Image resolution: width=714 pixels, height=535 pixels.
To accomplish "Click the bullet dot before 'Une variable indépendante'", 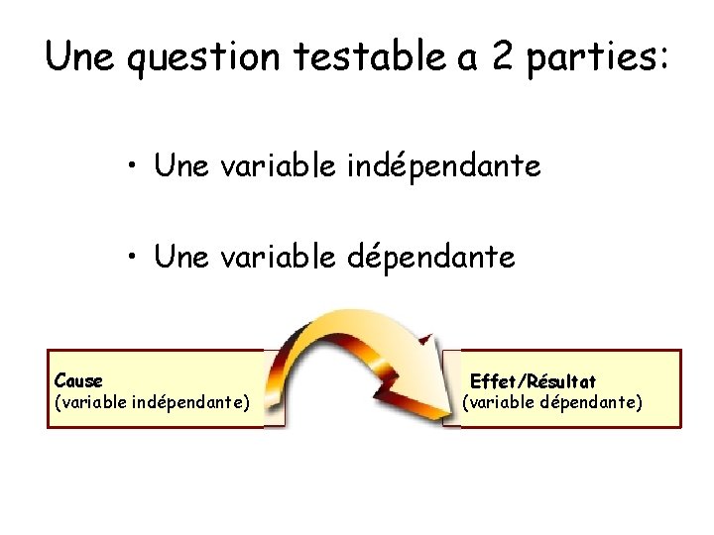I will tap(132, 166).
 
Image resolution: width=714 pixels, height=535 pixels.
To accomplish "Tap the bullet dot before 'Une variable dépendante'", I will tap(132, 258).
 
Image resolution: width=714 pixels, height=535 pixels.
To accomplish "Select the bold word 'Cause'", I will tap(78, 380).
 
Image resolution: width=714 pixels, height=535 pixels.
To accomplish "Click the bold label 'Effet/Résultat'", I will tap(533, 381).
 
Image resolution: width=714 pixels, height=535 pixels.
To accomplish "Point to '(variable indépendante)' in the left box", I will tap(152, 402).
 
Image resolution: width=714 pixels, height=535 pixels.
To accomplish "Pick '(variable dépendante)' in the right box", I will tap(552, 402).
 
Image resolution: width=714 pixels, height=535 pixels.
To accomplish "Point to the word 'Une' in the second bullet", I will tap(180, 258).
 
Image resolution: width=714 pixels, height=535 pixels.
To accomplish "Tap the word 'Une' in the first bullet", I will tap(180, 166).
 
